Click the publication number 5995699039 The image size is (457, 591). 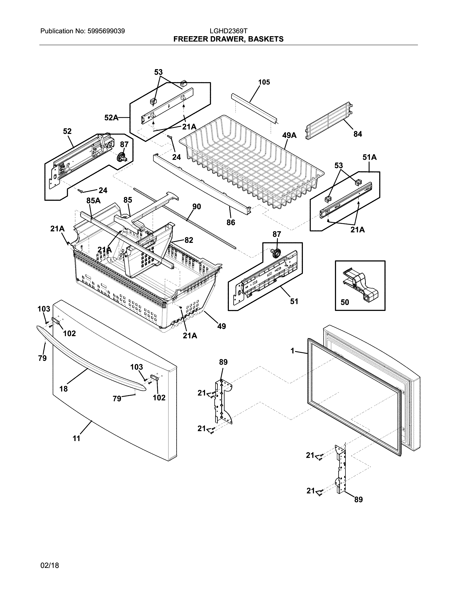106,31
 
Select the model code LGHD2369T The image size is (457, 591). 228,31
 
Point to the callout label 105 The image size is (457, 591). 264,82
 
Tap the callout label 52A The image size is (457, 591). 111,117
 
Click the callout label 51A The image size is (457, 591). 370,157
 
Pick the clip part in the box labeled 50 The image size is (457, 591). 361,284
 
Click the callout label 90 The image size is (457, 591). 197,207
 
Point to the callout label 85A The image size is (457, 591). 93,201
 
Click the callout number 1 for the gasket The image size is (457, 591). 292,351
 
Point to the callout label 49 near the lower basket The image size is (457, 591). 222,326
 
